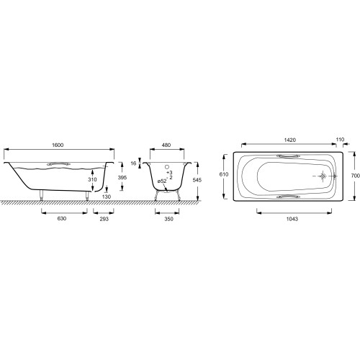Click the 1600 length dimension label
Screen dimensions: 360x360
58,145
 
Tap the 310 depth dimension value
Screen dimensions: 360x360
92,179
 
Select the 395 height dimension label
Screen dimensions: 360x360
122,178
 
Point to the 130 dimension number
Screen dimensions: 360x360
107,197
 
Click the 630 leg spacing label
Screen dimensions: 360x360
62,219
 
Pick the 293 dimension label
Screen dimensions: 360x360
104,219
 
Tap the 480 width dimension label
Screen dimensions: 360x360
166,145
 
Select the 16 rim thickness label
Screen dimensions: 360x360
133,163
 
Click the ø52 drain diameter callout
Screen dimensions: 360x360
162,181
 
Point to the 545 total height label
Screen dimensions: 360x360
197,180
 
